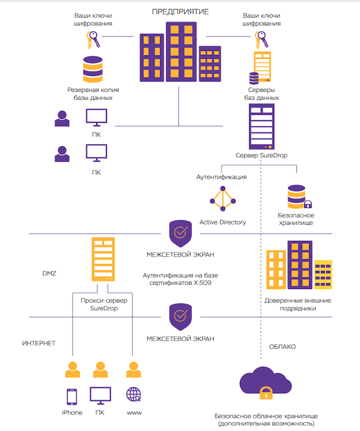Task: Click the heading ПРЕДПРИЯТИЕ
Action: click(x=179, y=11)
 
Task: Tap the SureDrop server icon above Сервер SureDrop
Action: click(x=262, y=127)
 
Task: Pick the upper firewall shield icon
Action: click(x=180, y=233)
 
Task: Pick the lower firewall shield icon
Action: click(x=180, y=316)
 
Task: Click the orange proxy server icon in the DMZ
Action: click(x=102, y=260)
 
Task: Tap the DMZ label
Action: click(x=50, y=273)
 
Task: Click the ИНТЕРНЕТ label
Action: click(x=39, y=343)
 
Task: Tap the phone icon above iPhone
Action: click(x=72, y=397)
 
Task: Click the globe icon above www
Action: click(x=133, y=395)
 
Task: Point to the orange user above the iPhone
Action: click(x=72, y=370)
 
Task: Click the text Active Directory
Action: click(x=223, y=222)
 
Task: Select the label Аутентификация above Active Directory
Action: click(x=222, y=177)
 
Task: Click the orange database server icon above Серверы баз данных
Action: click(x=262, y=68)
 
